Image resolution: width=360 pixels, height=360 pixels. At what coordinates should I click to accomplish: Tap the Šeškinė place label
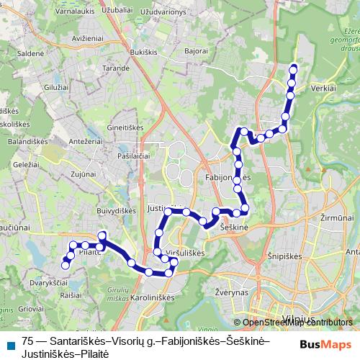pyautogui.click(x=231, y=226)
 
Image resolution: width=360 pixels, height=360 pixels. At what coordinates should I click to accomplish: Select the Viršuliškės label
pyautogui.click(x=186, y=254)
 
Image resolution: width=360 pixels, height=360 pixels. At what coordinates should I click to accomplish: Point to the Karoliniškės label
pyautogui.click(x=153, y=297)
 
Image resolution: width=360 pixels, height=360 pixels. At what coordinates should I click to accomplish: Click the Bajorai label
pyautogui.click(x=195, y=51)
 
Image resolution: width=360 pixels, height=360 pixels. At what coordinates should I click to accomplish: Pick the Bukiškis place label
pyautogui.click(x=144, y=53)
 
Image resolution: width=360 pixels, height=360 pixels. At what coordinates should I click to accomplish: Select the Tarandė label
pyautogui.click(x=115, y=68)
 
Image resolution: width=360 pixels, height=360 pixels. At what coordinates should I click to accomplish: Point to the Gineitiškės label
pyautogui.click(x=125, y=127)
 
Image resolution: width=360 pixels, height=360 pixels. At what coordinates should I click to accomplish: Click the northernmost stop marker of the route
pyautogui.click(x=293, y=68)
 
